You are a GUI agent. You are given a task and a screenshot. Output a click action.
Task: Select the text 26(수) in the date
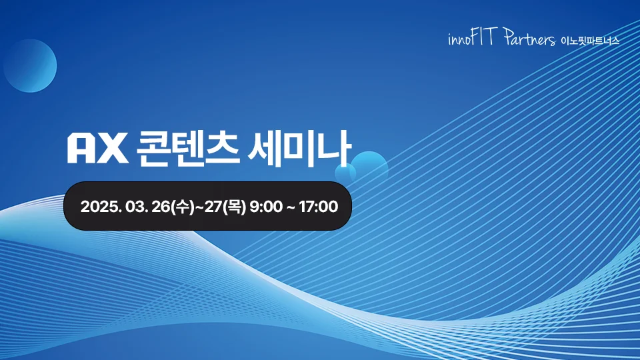point(171,207)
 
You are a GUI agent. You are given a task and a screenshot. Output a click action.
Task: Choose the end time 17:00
point(318,207)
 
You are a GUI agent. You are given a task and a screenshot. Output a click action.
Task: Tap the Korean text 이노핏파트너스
point(590,41)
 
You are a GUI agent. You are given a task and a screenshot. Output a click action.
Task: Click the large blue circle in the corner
point(30,65)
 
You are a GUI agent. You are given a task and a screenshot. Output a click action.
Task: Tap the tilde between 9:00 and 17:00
point(291,207)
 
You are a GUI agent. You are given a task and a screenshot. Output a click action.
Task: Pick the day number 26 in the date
point(161,207)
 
